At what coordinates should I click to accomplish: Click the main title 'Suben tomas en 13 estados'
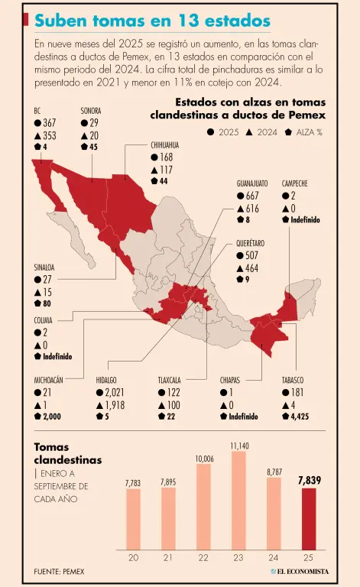pos(152,21)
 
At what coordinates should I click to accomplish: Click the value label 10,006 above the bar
pos(204,458)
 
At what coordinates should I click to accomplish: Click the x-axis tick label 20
pos(133,558)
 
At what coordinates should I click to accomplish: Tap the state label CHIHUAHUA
pos(165,144)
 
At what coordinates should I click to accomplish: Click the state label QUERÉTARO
pos(252,242)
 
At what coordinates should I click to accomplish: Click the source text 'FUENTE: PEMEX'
pos(60,572)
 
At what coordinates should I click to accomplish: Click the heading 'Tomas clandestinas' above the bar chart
pos(67,453)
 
